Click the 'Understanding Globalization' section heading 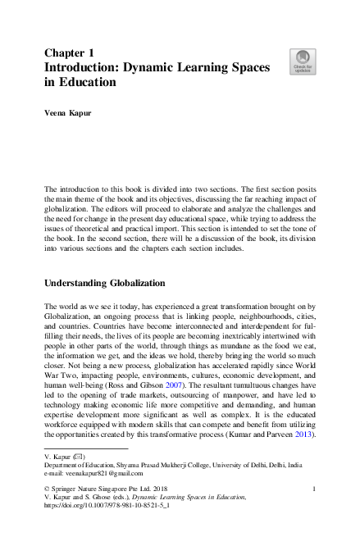tap(104, 284)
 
